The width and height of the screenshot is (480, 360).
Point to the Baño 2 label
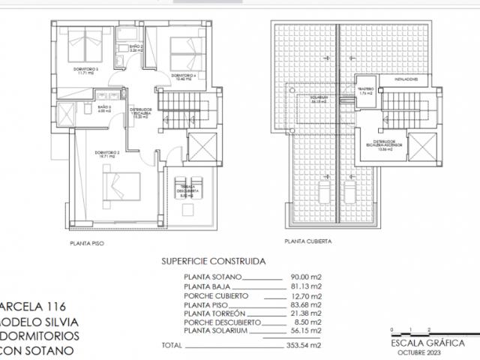click(x=135, y=50)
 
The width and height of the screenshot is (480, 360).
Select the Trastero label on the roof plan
click(x=366, y=91)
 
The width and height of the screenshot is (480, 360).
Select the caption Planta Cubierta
click(x=307, y=242)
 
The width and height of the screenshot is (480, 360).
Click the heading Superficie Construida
click(x=213, y=263)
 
